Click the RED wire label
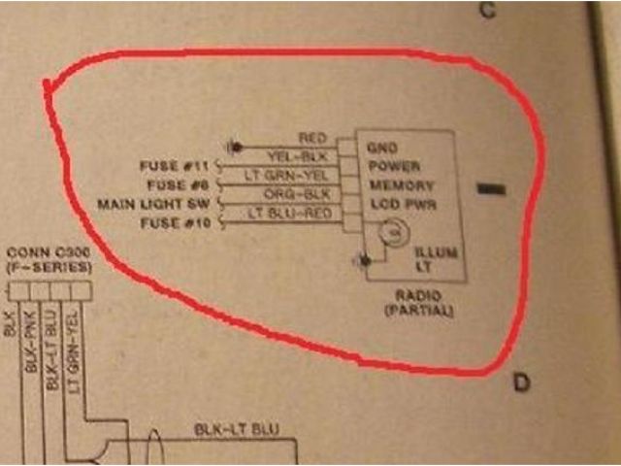(312, 139)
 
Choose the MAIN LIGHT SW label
(155, 205)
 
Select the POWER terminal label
(394, 166)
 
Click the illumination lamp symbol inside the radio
(391, 231)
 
